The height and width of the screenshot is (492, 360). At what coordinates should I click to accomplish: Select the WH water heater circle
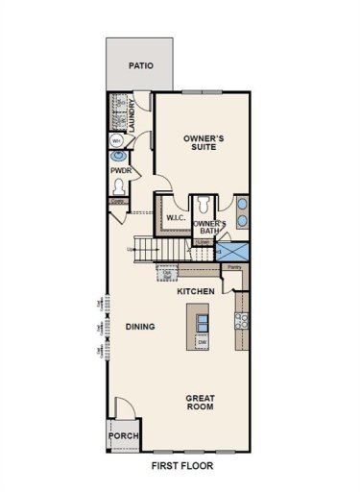[117, 141]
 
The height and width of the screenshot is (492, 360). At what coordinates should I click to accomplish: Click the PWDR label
[120, 172]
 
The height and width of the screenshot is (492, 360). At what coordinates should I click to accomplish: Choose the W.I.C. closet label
[175, 218]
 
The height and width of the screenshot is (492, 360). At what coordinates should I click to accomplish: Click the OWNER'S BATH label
[210, 227]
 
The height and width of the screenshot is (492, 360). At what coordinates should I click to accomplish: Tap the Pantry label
[233, 268]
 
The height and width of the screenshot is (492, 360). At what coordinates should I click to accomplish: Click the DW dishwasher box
[202, 341]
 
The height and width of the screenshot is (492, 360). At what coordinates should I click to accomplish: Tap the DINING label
[140, 327]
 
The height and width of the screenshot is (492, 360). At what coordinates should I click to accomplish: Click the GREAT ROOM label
[200, 402]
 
